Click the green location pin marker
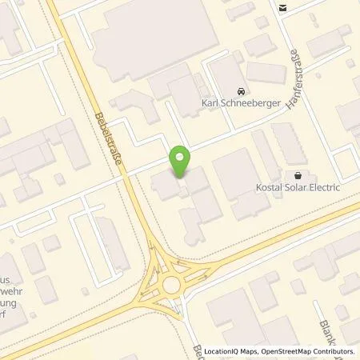click(x=181, y=162)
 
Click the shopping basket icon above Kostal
click(x=298, y=175)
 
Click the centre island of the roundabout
click(x=171, y=286)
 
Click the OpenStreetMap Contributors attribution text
click(x=306, y=352)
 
